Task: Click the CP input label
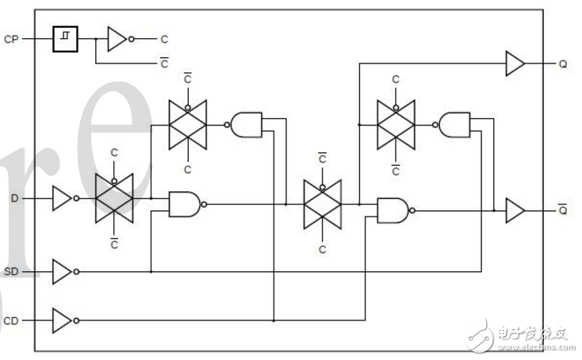tap(11, 38)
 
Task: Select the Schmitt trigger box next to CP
tap(65, 38)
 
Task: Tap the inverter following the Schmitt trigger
tap(117, 38)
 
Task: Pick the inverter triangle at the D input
tap(61, 198)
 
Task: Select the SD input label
tap(11, 272)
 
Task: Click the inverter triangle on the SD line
tap(61, 272)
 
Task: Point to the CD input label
tap(11, 320)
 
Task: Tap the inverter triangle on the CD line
tap(61, 320)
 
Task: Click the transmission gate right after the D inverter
tap(114, 198)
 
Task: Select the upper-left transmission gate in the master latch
tap(188, 124)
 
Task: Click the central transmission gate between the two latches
tap(322, 204)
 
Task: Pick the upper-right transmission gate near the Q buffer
tap(396, 124)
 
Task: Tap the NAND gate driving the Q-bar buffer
tap(393, 210)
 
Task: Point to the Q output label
tap(562, 63)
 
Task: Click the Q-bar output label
tap(562, 210)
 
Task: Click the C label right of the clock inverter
tap(164, 38)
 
